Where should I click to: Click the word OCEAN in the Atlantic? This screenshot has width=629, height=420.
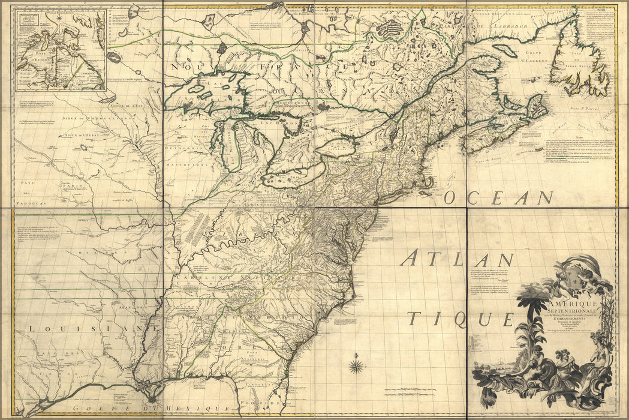tap(499, 197)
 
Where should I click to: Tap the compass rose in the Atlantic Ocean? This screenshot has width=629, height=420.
tap(357, 365)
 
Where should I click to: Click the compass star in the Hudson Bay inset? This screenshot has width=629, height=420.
tap(60, 17)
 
